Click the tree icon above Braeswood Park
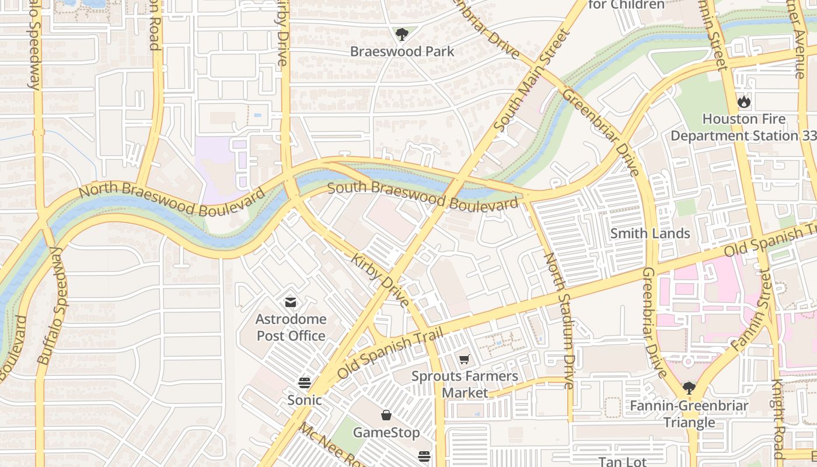pos(401,34)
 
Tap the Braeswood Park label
pos(401,51)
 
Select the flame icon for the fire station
pos(743,102)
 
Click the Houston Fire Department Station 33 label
pos(743,127)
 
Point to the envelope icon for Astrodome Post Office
pos(290,302)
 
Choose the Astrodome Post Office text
pos(291,327)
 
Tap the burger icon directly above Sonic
pos(305,383)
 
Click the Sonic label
pos(304,400)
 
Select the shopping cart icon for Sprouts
pos(464,360)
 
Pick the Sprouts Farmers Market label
pos(465,384)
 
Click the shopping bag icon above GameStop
pos(386,415)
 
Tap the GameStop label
pos(386,433)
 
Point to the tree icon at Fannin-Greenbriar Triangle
pos(689,388)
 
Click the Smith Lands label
pos(650,233)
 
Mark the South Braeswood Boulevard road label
pos(423,196)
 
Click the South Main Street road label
pos(531,81)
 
